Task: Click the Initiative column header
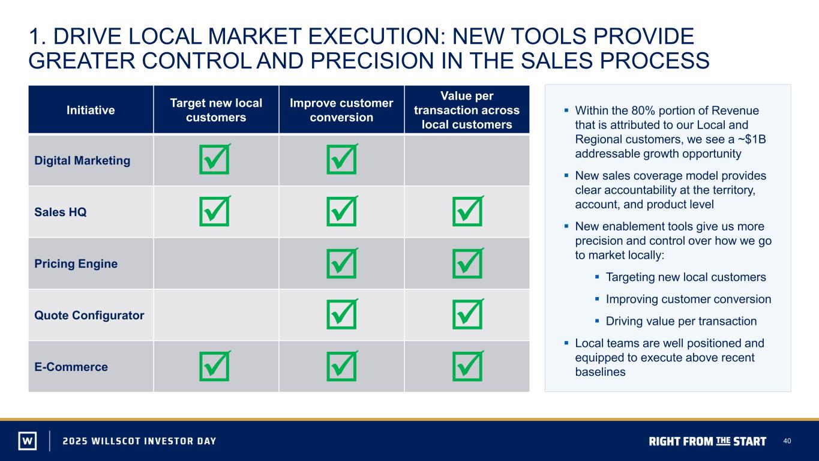click(91, 110)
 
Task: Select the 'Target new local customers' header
click(216, 110)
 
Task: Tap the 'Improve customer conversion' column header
click(341, 110)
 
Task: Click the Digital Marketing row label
click(82, 161)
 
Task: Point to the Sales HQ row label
click(61, 212)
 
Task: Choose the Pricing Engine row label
click(76, 264)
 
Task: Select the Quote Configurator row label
click(89, 315)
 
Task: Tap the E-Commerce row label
click(71, 367)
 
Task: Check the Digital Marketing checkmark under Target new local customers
click(215, 159)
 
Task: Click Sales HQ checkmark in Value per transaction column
click(468, 211)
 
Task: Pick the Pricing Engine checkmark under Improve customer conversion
click(342, 263)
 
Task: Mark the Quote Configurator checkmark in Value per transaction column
click(468, 314)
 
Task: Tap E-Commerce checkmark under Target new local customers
click(215, 366)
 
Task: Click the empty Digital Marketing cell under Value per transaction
click(467, 160)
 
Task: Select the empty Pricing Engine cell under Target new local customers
click(216, 264)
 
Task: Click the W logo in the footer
click(28, 441)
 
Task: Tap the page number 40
click(787, 441)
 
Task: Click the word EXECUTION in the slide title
click(377, 36)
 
